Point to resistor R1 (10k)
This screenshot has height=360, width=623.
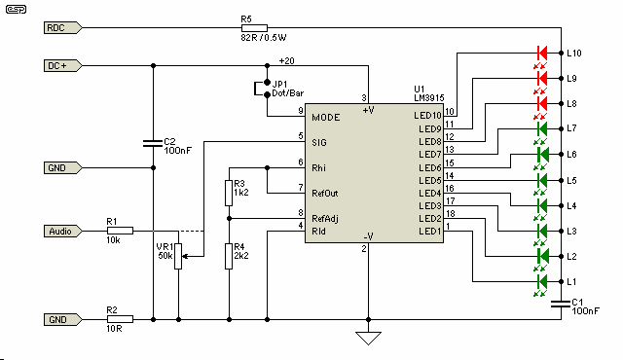[119, 231]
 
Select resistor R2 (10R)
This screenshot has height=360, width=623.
[119, 318]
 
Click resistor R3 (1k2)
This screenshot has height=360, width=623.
[228, 191]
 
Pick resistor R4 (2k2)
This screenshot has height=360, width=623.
[228, 255]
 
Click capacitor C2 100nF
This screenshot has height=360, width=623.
[153, 144]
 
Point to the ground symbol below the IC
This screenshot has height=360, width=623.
[367, 338]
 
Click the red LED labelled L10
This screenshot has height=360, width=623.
[543, 53]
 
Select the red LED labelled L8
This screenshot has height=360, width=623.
[543, 103]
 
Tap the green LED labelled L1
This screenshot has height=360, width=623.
[543, 281]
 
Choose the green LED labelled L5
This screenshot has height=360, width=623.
[543, 180]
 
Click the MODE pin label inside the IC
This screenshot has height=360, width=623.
[325, 117]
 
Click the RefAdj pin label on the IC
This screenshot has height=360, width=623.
[325, 218]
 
